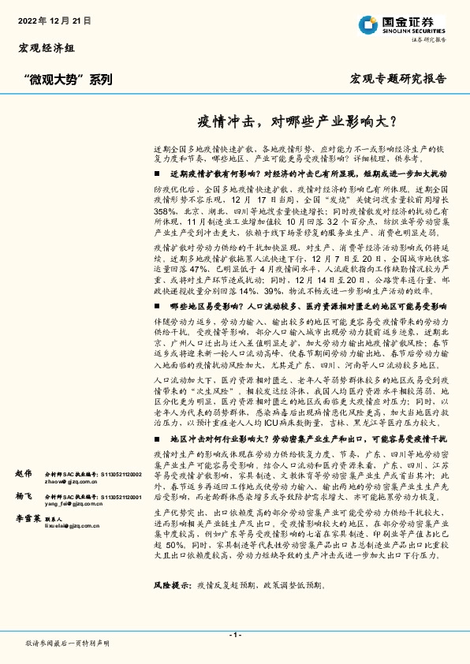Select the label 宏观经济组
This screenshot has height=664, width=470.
point(47,49)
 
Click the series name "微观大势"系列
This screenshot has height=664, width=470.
point(68,79)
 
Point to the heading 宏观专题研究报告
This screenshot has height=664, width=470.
point(397,79)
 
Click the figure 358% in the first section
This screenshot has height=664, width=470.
point(166,213)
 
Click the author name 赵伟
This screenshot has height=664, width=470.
point(24,473)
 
